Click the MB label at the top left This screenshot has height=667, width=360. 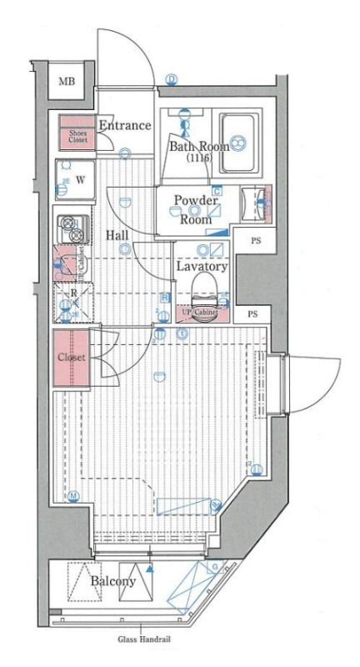[x=65, y=82]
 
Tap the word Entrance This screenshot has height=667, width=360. [x=125, y=126]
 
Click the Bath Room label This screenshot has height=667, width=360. [x=199, y=147]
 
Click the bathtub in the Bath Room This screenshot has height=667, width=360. [x=242, y=143]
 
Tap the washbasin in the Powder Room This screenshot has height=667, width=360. [x=257, y=200]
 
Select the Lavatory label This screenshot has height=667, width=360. [x=202, y=267]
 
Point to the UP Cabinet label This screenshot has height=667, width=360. [x=200, y=313]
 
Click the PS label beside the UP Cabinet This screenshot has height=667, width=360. [x=252, y=315]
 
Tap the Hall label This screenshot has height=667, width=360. [x=117, y=235]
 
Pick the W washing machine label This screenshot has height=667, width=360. [x=80, y=178]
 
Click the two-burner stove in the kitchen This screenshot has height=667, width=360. [x=72, y=229]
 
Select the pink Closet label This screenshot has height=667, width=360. [x=72, y=358]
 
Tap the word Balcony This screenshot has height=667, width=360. [x=113, y=581]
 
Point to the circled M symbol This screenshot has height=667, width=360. [x=73, y=496]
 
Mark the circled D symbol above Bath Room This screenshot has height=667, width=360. [x=172, y=79]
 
